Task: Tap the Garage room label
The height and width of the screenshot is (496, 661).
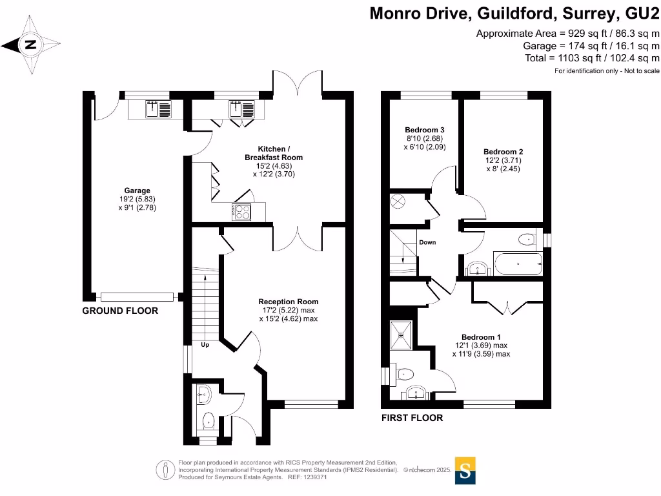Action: click(137, 199)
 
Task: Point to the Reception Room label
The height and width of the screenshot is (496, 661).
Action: click(288, 310)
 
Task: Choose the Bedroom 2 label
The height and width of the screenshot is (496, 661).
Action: click(503, 160)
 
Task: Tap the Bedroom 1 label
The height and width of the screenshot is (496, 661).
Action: click(481, 345)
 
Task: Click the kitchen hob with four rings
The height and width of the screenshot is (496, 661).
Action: click(242, 211)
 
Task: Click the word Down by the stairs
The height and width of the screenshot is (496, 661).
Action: click(427, 243)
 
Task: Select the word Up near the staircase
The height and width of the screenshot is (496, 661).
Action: click(205, 345)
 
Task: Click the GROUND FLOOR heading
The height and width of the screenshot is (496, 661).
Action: click(120, 311)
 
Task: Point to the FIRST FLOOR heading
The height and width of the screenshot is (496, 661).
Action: click(412, 418)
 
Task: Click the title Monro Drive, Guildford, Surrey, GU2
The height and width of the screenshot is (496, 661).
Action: click(514, 14)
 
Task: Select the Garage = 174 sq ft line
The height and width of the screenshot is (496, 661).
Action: click(591, 46)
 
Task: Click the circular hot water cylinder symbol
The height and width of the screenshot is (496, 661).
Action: click(397, 201)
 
